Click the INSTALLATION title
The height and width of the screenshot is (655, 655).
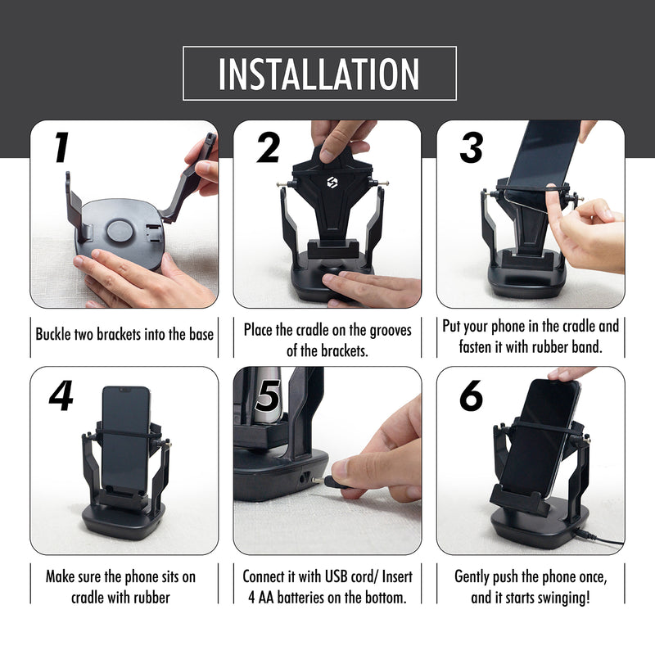318,74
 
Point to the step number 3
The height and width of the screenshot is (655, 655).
471,147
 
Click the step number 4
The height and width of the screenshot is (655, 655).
61,397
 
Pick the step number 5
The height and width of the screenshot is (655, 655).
267,396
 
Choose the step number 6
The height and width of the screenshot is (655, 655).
471,396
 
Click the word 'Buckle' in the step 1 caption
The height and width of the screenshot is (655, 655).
53,334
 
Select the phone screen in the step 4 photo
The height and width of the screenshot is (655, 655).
124,438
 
